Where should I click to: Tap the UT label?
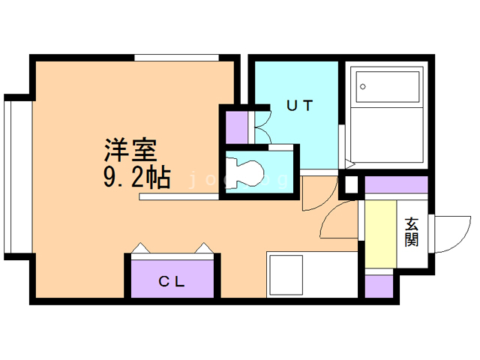[x=298, y=106]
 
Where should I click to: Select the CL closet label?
[x=172, y=282]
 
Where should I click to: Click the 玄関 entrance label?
[x=411, y=232]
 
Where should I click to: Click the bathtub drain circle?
[x=363, y=87]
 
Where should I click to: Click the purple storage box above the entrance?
[x=396, y=184]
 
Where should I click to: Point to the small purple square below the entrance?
[x=379, y=286]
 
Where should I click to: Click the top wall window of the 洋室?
[x=176, y=57]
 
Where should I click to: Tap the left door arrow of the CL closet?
[x=139, y=247]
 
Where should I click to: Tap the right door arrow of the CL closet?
[x=204, y=247]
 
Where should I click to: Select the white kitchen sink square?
[x=285, y=274]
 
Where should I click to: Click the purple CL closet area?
[x=173, y=278]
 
